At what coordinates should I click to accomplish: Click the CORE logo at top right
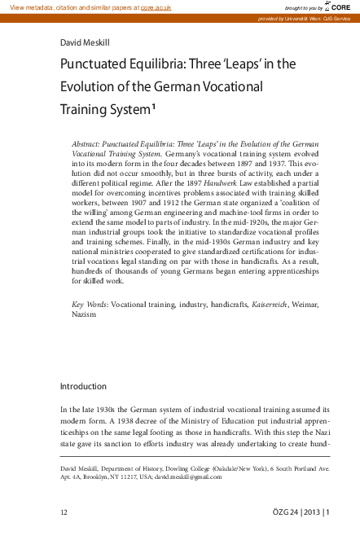pos(342,7)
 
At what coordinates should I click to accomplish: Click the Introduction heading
pos(83,385)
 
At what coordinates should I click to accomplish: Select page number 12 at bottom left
pos(64,511)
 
